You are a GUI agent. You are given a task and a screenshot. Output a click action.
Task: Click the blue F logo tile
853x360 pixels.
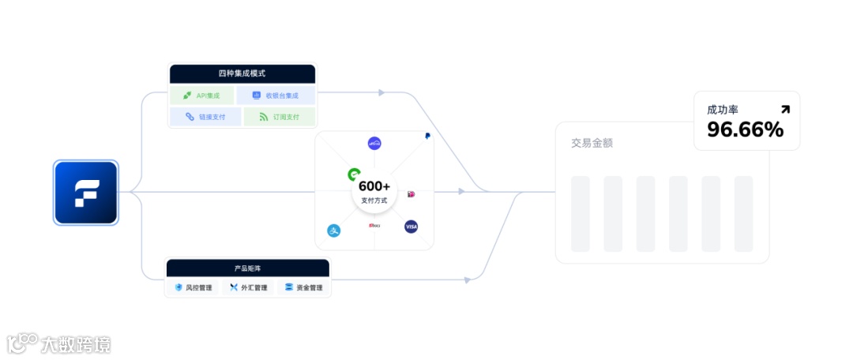(85, 193)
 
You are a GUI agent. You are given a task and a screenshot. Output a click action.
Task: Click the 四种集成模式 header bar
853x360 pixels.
(242, 73)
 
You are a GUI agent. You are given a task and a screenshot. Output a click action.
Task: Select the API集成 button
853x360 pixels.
(202, 96)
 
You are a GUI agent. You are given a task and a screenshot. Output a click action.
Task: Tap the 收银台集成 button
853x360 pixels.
(276, 96)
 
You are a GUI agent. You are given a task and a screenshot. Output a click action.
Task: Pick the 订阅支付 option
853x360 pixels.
(279, 117)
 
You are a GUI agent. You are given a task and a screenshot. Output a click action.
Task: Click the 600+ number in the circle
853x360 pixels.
(374, 186)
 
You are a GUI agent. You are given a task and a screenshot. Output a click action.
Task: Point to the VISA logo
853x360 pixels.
(411, 227)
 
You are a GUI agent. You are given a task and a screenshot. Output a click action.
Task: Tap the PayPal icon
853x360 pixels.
(426, 136)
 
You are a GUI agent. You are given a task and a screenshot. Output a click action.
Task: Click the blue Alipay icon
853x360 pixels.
(333, 231)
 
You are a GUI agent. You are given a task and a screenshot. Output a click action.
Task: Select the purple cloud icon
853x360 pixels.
(374, 143)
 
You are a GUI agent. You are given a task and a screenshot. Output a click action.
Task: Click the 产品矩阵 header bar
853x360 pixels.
(247, 268)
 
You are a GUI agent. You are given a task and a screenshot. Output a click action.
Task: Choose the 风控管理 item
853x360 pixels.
(194, 287)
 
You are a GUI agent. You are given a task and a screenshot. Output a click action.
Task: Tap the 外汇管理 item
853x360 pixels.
(248, 287)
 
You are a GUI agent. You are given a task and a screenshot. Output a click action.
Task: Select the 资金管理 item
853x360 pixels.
(303, 287)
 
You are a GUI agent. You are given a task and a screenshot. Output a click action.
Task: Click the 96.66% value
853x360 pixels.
(745, 129)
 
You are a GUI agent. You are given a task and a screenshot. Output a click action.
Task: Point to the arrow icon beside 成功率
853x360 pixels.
(784, 110)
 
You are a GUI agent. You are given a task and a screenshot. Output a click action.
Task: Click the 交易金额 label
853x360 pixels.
(592, 143)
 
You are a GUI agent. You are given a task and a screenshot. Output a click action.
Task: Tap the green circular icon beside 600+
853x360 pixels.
(355, 174)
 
